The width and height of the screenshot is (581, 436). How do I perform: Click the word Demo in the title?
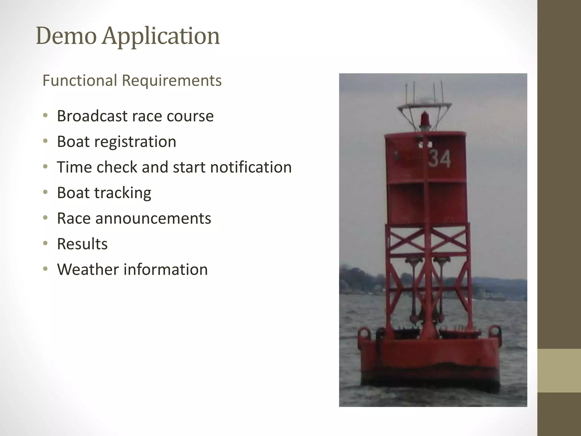click(x=66, y=36)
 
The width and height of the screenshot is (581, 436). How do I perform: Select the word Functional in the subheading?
click(x=80, y=81)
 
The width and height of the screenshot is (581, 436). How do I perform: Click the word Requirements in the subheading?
click(x=171, y=81)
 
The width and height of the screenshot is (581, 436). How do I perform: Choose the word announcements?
click(x=153, y=218)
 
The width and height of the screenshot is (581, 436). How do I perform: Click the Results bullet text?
click(x=82, y=244)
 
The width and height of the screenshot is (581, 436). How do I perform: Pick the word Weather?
click(x=88, y=269)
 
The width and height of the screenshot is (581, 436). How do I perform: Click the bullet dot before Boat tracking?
click(x=45, y=192)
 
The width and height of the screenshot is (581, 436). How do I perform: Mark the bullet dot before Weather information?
click(x=45, y=269)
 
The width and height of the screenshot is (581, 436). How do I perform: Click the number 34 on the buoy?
click(x=439, y=159)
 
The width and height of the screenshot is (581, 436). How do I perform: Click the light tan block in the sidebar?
click(x=559, y=370)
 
